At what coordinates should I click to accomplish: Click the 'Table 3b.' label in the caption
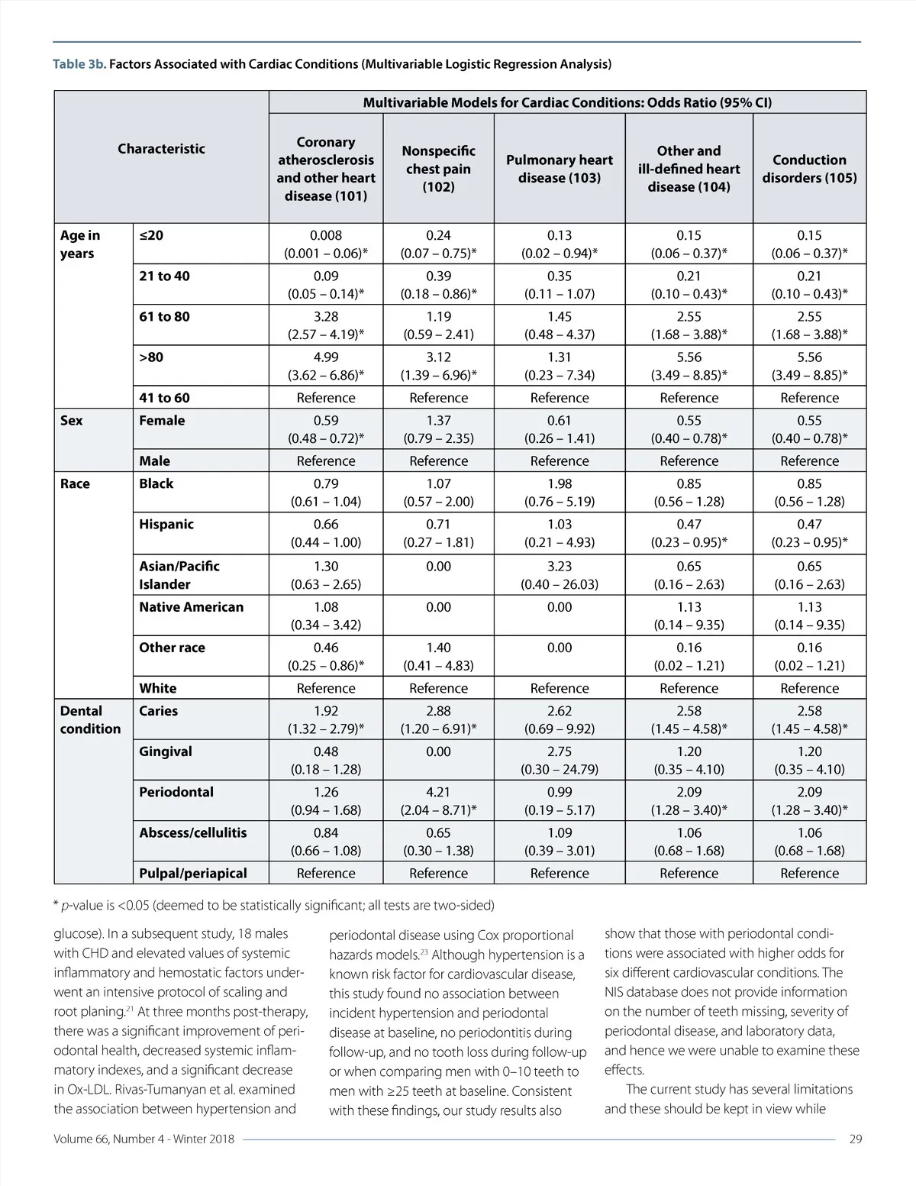[x=79, y=64]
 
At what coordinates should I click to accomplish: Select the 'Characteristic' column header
[x=161, y=149]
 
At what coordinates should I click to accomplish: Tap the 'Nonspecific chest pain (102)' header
[x=438, y=169]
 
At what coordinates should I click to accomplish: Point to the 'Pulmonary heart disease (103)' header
[x=560, y=169]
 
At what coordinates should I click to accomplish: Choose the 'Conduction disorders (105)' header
[x=809, y=169]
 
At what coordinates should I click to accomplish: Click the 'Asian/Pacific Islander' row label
[x=179, y=575]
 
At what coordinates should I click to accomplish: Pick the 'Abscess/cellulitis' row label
[x=192, y=832]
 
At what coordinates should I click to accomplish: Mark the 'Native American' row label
[x=191, y=607]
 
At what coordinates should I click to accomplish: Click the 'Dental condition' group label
[x=90, y=719]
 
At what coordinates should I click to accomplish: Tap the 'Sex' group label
[x=71, y=421]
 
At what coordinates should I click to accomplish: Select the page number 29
[x=855, y=1139]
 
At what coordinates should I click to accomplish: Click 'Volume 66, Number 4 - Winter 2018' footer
[x=144, y=1139]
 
